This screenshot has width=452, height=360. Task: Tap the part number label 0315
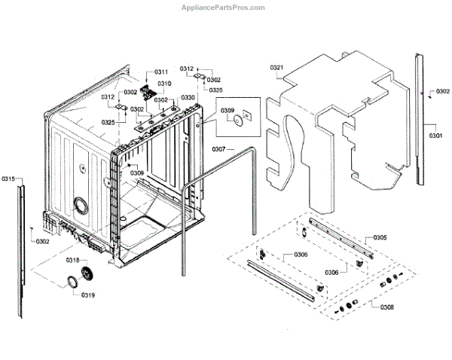pos(8,178)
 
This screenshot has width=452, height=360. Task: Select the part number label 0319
pos(88,295)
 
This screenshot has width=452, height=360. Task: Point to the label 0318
pos(72,260)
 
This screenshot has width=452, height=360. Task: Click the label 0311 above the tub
pos(163,72)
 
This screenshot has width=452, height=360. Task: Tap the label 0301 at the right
pos(436,136)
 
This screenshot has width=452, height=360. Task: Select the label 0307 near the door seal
pos(218,148)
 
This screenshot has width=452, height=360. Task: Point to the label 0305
pos(380,238)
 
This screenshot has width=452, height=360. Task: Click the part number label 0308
pos(386,307)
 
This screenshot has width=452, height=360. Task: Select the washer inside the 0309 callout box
pos(238,119)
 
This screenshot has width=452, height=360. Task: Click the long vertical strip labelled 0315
pos(21,241)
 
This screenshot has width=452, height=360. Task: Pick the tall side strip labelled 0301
pos(418,121)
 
